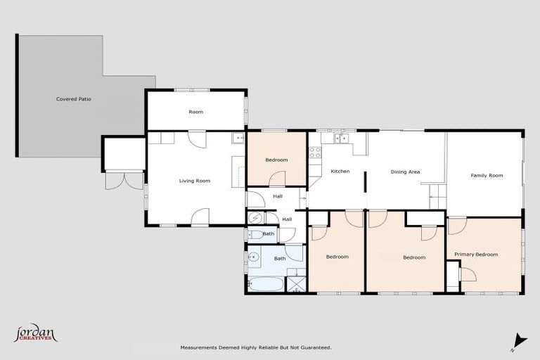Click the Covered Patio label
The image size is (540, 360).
pyautogui.click(x=73, y=99)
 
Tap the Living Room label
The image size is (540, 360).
pyautogui.click(x=194, y=181)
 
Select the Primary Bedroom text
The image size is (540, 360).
pyautogui.click(x=476, y=255)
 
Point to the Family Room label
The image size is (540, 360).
pyautogui.click(x=487, y=175)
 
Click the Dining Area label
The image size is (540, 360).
pyautogui.click(x=405, y=172)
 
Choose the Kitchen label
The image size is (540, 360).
pyautogui.click(x=340, y=172)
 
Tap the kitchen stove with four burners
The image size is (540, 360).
pyautogui.click(x=314, y=152)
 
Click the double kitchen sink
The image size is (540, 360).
pyautogui.click(x=342, y=139)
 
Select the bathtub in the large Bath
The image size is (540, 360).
pyautogui.click(x=266, y=285)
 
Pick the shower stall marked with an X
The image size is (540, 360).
pyautogui.click(x=296, y=284)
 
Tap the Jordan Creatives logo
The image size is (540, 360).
pyautogui.click(x=35, y=334)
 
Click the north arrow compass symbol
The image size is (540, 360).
pyautogui.click(x=519, y=340)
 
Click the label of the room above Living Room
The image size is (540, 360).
pyautogui.click(x=195, y=112)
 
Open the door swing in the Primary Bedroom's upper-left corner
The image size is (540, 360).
pyautogui.click(x=457, y=225)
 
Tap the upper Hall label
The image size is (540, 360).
pyautogui.click(x=277, y=197)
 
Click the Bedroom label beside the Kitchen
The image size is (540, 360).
pyautogui.click(x=276, y=160)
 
